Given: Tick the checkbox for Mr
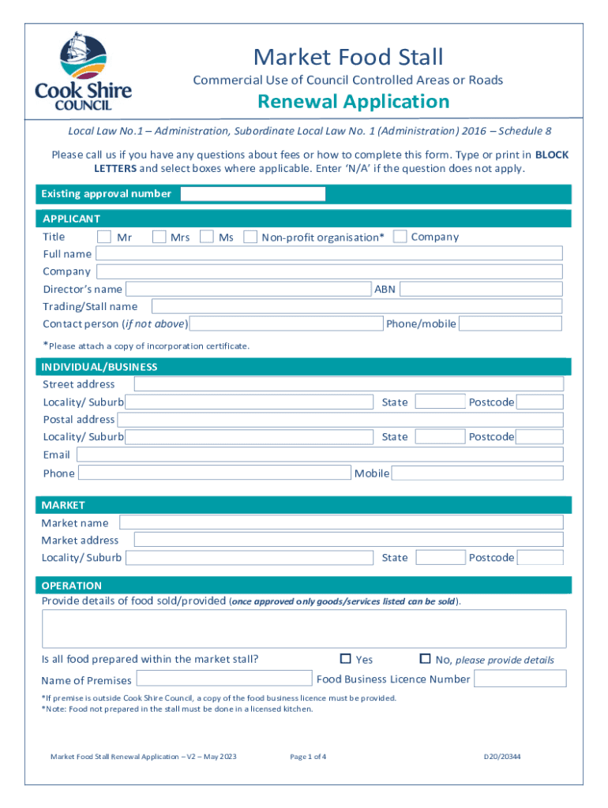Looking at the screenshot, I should [104, 236].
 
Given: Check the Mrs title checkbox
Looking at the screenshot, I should [159, 236].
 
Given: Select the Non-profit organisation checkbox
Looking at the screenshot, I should [250, 236].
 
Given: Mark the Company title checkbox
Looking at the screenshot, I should [400, 236].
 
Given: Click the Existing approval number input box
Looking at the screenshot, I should [253, 194].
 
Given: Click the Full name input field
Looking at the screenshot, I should [328, 253].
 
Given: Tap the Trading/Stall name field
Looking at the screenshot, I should [356, 306].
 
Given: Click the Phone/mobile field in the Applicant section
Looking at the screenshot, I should [510, 324].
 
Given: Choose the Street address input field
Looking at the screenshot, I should [348, 384].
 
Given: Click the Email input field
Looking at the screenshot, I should [319, 454].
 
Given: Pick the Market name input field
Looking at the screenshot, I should [340, 522].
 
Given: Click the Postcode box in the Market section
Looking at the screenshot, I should [540, 558].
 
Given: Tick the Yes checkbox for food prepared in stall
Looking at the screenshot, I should [345, 659].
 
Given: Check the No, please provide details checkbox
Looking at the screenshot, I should [425, 659].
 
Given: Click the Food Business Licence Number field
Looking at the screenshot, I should [520, 679].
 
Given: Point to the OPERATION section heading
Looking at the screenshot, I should [72, 585].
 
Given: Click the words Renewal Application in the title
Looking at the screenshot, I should [353, 102].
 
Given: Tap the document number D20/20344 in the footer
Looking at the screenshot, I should [502, 757].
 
